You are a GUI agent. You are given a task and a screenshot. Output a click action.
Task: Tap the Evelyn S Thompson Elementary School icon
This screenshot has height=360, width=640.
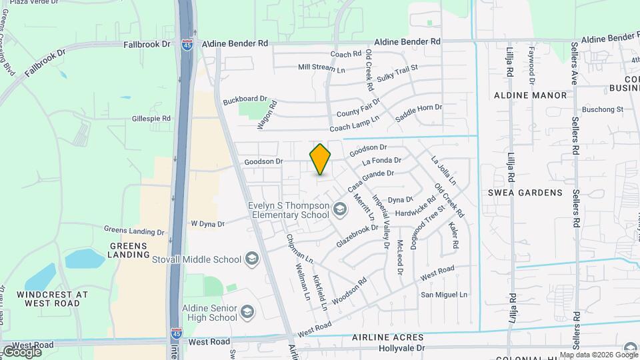[x=341, y=211]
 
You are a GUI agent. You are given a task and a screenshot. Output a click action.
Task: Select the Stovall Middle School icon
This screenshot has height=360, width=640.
[x=252, y=258]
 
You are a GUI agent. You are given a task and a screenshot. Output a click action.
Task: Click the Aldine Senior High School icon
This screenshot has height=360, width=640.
[x=247, y=312]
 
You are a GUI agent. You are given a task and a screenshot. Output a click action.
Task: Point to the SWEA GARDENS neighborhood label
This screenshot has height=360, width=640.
[x=535, y=193]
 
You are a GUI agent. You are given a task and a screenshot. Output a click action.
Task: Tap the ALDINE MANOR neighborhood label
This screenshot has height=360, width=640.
[x=531, y=95]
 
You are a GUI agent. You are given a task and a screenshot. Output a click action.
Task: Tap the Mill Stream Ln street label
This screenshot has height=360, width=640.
[x=321, y=68]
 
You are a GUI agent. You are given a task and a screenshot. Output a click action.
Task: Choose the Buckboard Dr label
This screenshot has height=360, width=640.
[x=245, y=99]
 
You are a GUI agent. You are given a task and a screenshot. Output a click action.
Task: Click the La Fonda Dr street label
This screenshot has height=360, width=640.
[x=381, y=161]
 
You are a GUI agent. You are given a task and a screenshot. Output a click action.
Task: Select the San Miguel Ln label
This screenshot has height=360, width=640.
[x=445, y=295]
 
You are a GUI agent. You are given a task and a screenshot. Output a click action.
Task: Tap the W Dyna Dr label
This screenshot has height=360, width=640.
[x=209, y=223]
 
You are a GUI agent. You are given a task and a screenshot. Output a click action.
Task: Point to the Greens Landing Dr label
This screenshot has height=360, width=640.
[x=133, y=231]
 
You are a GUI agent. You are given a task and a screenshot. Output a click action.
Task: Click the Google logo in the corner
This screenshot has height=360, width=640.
[x=21, y=351]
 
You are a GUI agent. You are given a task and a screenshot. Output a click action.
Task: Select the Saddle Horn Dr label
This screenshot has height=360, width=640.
[x=419, y=112]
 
